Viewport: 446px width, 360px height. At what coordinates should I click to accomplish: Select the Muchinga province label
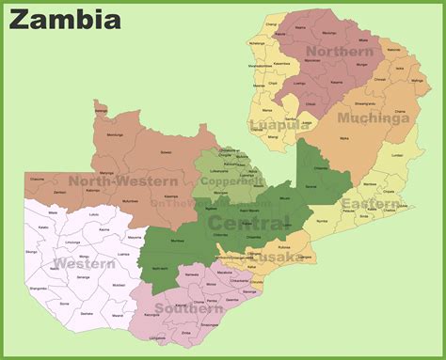coord(375,119)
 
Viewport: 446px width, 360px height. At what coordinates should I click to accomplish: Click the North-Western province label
coord(123,180)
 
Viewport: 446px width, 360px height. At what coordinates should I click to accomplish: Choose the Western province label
coord(84,264)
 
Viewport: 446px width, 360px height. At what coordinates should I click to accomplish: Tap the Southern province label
coord(189,308)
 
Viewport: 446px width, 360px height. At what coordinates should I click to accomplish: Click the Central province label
coord(248,222)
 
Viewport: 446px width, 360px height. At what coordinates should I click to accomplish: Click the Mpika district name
coord(343,137)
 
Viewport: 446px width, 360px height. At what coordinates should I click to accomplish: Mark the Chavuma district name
coord(37,179)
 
